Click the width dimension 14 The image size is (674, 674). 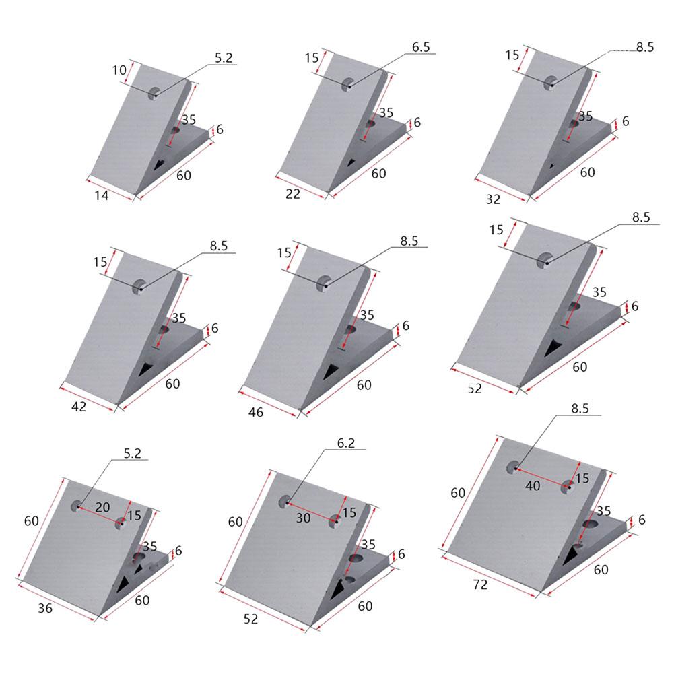[x=101, y=195]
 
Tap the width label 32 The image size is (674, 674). [x=493, y=199]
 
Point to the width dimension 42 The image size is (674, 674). [x=79, y=407]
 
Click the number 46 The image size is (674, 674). [x=256, y=411]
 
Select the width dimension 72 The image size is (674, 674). [x=480, y=585]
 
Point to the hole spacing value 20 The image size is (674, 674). [x=102, y=506]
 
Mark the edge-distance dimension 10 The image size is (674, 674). [x=119, y=70]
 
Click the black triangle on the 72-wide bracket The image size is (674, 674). [x=571, y=555]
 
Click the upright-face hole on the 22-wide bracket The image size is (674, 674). [x=348, y=84]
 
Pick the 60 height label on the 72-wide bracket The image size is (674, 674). [x=458, y=492]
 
